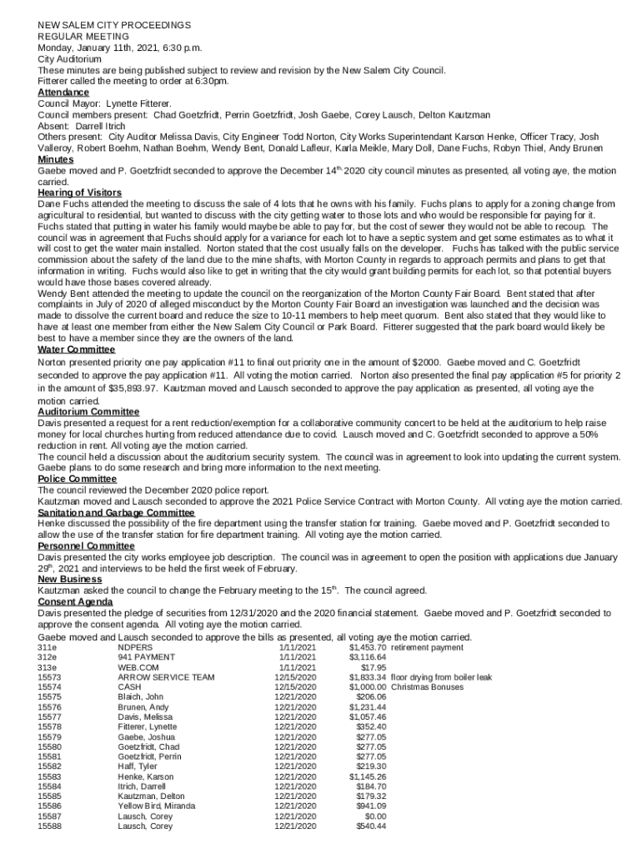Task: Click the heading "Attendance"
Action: coord(63,93)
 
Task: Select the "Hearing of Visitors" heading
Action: coord(80,193)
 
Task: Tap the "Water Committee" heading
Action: coord(77,349)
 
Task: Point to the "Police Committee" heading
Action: coord(77,479)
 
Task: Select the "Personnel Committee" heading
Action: coord(85,545)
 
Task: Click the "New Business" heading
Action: coord(71,579)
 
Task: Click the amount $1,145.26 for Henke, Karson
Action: coord(367,776)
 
